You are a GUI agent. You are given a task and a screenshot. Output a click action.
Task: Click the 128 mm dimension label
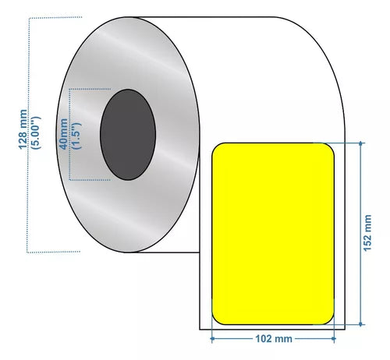[x=23, y=129]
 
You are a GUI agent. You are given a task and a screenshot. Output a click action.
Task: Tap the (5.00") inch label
[x=35, y=132]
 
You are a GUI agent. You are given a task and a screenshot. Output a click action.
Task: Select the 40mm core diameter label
[x=64, y=134]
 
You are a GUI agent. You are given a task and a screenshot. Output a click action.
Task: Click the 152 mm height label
[x=367, y=233]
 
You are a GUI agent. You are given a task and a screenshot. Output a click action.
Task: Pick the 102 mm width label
[x=274, y=339]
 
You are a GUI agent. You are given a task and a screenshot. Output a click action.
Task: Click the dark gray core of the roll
[x=128, y=135]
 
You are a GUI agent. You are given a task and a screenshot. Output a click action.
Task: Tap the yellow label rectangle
[x=273, y=234]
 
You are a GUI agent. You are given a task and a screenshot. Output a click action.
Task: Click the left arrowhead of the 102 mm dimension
[x=212, y=339]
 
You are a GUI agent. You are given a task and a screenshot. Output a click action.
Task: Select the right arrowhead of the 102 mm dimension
[x=334, y=339]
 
